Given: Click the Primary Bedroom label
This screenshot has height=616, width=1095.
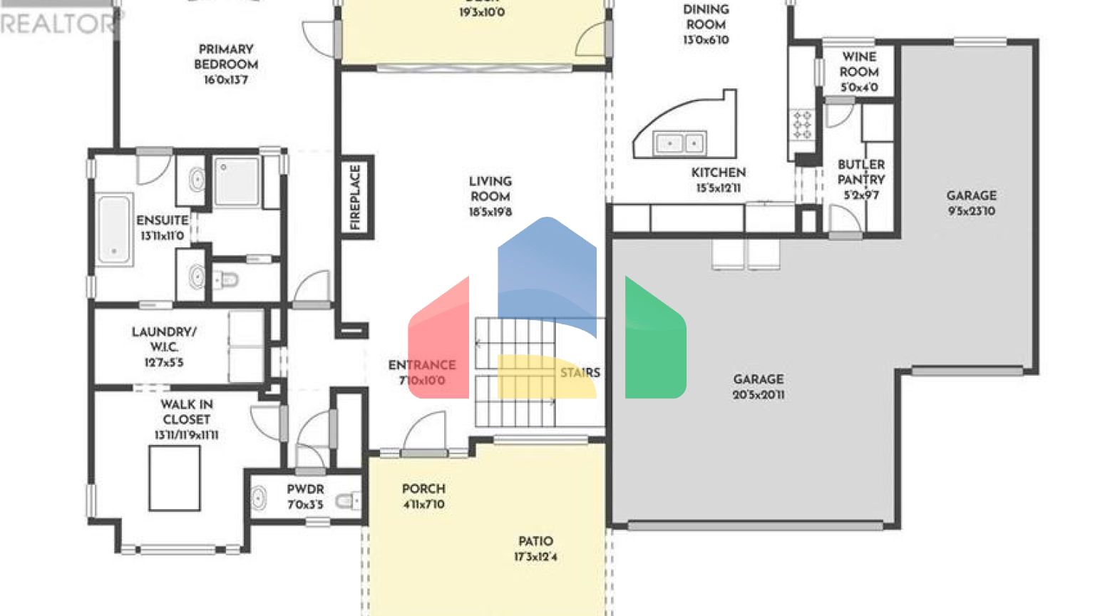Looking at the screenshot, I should (226, 57).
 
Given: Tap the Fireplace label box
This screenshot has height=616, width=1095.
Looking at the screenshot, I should (356, 197).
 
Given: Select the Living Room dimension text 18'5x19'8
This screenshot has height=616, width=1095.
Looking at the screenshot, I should (490, 212).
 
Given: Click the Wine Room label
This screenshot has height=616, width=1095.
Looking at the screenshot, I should (859, 64).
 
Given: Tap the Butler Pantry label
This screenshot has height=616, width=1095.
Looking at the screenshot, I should (861, 172).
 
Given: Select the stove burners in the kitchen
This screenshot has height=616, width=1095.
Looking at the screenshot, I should (802, 124).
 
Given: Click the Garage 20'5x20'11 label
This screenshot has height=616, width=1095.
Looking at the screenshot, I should (759, 386).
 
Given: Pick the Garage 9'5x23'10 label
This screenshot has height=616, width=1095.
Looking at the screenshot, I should (971, 202).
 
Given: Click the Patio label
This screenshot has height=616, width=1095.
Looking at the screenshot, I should (535, 542).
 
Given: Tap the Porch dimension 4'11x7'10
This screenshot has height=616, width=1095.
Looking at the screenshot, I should (423, 505).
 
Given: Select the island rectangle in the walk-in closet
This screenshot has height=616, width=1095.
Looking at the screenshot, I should (174, 478).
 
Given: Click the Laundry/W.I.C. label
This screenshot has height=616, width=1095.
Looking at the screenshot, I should (164, 339).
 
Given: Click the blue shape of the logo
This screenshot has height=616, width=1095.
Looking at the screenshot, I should (547, 271).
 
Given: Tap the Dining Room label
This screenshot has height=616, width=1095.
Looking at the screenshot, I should (706, 17).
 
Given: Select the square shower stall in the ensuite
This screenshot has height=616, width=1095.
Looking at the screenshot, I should (237, 183).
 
